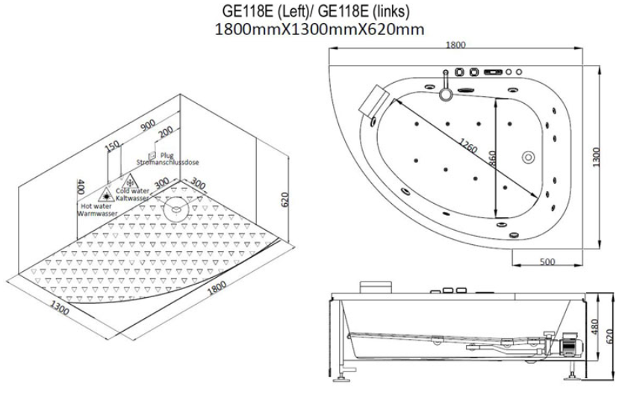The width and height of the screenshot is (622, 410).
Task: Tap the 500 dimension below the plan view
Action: coord(547,262)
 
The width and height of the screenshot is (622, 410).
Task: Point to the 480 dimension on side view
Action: coord(594,326)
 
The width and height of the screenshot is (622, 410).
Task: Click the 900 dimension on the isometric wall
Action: coord(148,125)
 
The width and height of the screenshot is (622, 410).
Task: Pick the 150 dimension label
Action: coord(113,146)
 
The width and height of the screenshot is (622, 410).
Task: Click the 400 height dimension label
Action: coord(81,187)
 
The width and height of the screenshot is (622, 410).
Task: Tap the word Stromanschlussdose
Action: coord(167,162)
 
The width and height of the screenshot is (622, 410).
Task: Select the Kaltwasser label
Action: coord(132,198)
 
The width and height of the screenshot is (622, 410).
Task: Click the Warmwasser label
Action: coord(97,214)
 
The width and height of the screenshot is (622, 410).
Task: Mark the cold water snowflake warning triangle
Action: coord(130,181)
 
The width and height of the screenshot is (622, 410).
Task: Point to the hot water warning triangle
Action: coord(106,195)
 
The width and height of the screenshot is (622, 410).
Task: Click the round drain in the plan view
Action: coord(528,157)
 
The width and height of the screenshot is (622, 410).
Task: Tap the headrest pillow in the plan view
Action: coord(375,99)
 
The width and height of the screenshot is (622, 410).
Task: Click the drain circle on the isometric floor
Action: coord(175,208)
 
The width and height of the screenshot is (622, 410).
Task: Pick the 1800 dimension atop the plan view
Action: coord(455,46)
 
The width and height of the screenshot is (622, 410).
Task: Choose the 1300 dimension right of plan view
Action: coord(597,157)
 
